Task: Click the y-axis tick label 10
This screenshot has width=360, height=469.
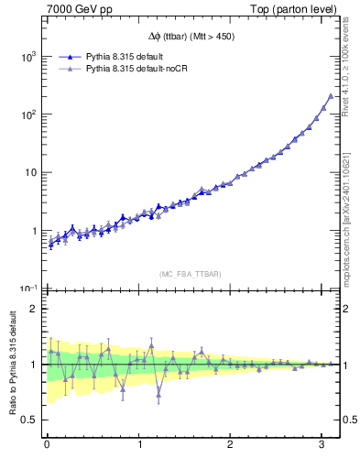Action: (x=31, y=172)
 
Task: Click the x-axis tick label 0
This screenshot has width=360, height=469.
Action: (x=47, y=444)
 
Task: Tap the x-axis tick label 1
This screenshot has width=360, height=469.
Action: (x=139, y=444)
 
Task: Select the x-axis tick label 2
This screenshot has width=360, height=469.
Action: (x=231, y=444)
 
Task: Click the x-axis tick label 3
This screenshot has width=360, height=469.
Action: (x=322, y=444)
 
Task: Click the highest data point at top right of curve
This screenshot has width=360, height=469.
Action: (x=331, y=96)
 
